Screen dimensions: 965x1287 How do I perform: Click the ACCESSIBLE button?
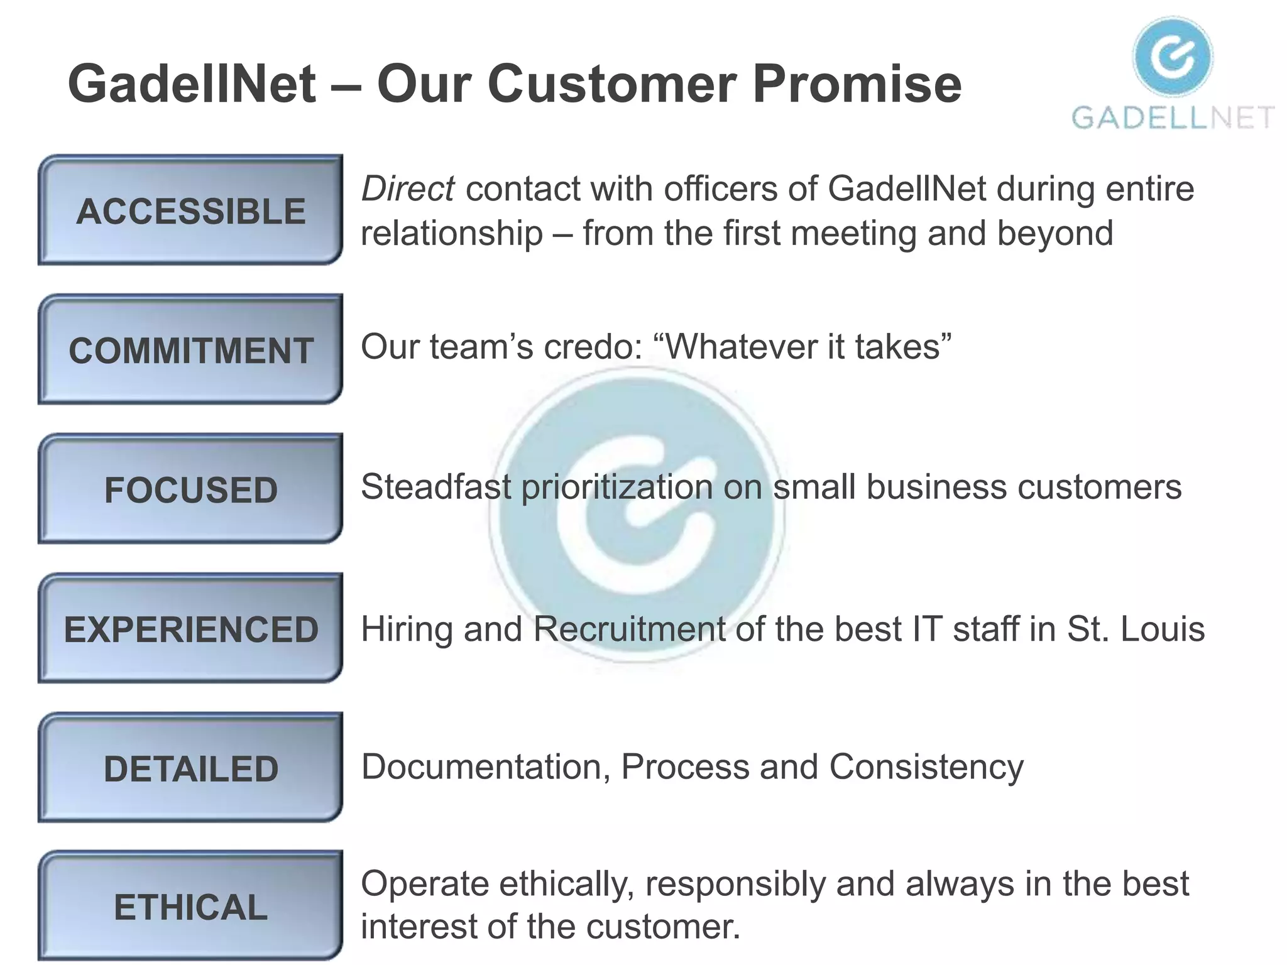(190, 210)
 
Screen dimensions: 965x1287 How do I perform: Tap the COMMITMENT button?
(190, 350)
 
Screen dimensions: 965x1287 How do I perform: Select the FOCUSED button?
(190, 489)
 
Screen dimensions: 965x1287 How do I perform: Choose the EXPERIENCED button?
(190, 629)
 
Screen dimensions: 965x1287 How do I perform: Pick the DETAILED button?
(190, 768)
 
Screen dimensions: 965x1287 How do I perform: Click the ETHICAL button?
(190, 907)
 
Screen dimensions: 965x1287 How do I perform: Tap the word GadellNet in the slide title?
(192, 84)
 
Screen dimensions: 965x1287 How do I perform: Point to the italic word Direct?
(407, 188)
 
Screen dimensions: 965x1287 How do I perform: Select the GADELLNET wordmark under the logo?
(1173, 117)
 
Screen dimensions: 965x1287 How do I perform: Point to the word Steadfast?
(436, 487)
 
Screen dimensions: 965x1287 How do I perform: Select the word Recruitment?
(629, 629)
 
